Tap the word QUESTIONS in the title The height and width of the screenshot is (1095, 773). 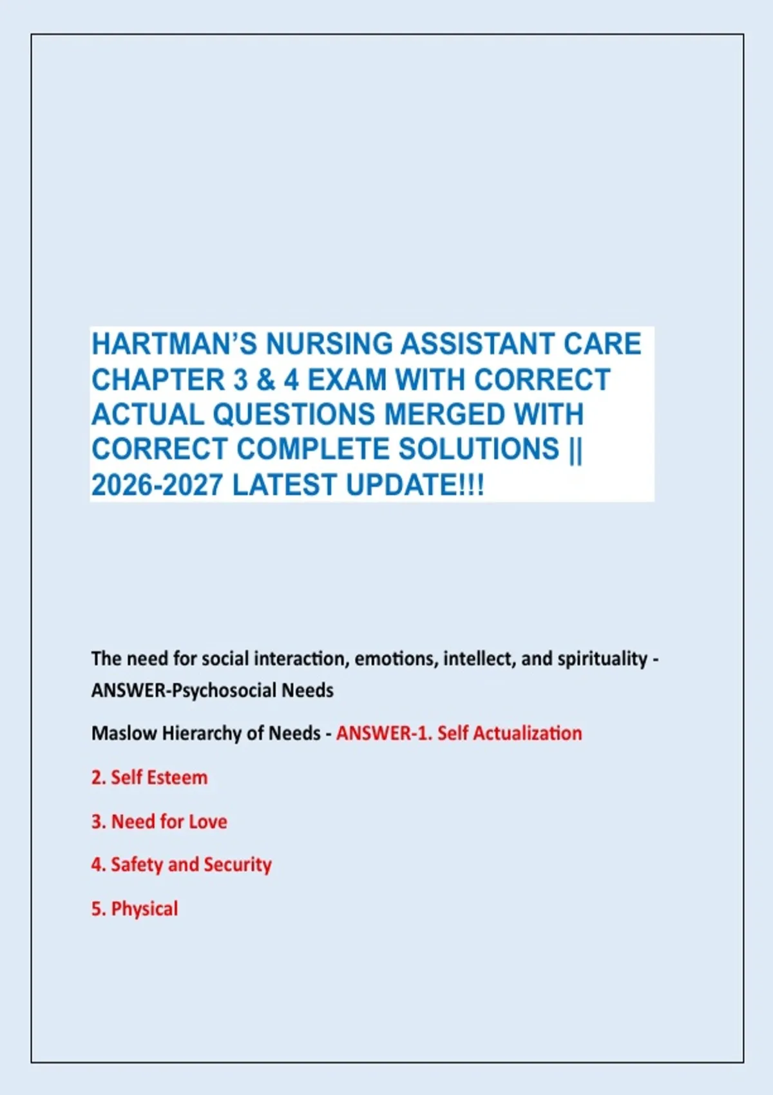[x=294, y=415]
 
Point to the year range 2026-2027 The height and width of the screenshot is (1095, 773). [x=157, y=485]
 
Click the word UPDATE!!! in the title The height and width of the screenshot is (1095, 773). [x=415, y=485]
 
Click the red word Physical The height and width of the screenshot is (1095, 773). [x=145, y=909]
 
